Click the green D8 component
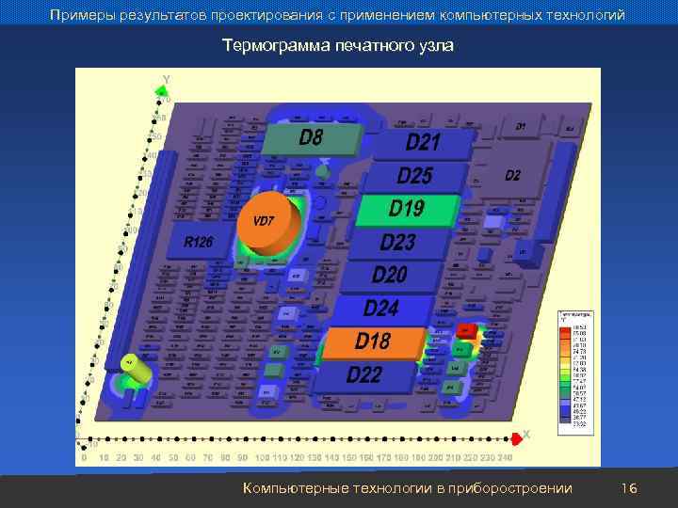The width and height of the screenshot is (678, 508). [x=312, y=138]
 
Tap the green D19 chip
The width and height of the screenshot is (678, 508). [x=407, y=208]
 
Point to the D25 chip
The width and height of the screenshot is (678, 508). [x=415, y=175]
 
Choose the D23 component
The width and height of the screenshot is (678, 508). [x=397, y=242]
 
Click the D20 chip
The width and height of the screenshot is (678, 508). [x=389, y=275]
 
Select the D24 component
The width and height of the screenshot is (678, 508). [x=381, y=308]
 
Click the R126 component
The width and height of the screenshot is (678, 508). [x=198, y=243]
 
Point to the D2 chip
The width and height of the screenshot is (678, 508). [x=511, y=176]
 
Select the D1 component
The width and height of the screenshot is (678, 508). [x=521, y=126]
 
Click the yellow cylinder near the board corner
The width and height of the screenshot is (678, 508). [x=137, y=371]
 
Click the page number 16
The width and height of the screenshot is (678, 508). [x=630, y=488]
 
